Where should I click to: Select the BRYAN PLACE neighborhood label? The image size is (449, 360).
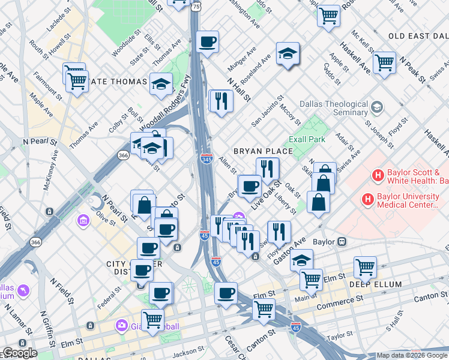tap(262, 151)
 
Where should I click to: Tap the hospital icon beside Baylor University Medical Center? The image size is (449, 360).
tap(366, 198)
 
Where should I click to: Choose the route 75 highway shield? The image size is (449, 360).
tap(197, 5)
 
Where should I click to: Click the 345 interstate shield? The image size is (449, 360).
tap(206, 159)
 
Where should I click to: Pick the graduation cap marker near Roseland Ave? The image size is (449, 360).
tap(288, 53)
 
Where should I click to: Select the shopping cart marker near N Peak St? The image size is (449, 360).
tap(384, 62)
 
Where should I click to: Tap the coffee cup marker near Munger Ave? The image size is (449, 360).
tap(208, 41)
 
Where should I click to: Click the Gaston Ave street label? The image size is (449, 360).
tap(288, 248)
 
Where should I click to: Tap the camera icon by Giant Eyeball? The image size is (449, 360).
tap(122, 325)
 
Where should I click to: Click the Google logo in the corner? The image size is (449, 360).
tap(19, 353)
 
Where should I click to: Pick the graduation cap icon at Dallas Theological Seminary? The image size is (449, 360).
tap(376, 107)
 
